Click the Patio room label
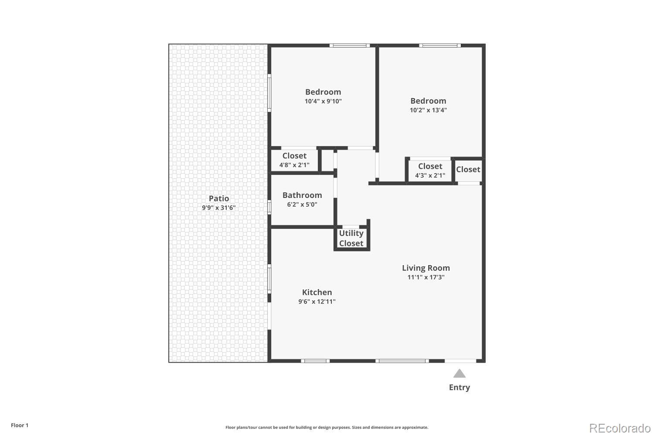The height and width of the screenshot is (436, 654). [218, 198]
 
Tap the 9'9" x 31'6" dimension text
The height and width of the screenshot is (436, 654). [218, 208]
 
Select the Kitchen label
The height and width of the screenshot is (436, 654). [317, 292]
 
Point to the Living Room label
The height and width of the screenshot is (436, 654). [426, 268]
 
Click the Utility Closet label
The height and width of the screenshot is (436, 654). [351, 238]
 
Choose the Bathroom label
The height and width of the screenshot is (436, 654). [302, 195]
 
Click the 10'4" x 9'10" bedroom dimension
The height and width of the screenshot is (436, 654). [323, 101]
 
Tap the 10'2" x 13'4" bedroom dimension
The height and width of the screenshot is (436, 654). [428, 110]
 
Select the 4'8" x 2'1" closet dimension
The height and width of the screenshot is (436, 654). [294, 165]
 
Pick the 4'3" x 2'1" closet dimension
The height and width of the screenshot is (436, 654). [430, 175]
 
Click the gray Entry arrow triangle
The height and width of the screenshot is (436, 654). [460, 374]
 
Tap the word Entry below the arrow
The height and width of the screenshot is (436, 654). [460, 387]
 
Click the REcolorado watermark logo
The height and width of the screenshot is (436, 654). [620, 428]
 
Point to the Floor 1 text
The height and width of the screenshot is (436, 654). [20, 425]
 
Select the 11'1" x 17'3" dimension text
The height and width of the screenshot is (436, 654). [426, 277]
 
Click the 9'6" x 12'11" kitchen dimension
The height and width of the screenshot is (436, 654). [317, 302]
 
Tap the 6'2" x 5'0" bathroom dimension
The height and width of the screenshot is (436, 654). [302, 204]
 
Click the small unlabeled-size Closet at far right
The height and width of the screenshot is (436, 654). [468, 170]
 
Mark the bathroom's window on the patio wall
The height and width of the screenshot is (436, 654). [269, 207]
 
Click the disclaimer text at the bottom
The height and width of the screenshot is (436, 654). [327, 427]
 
